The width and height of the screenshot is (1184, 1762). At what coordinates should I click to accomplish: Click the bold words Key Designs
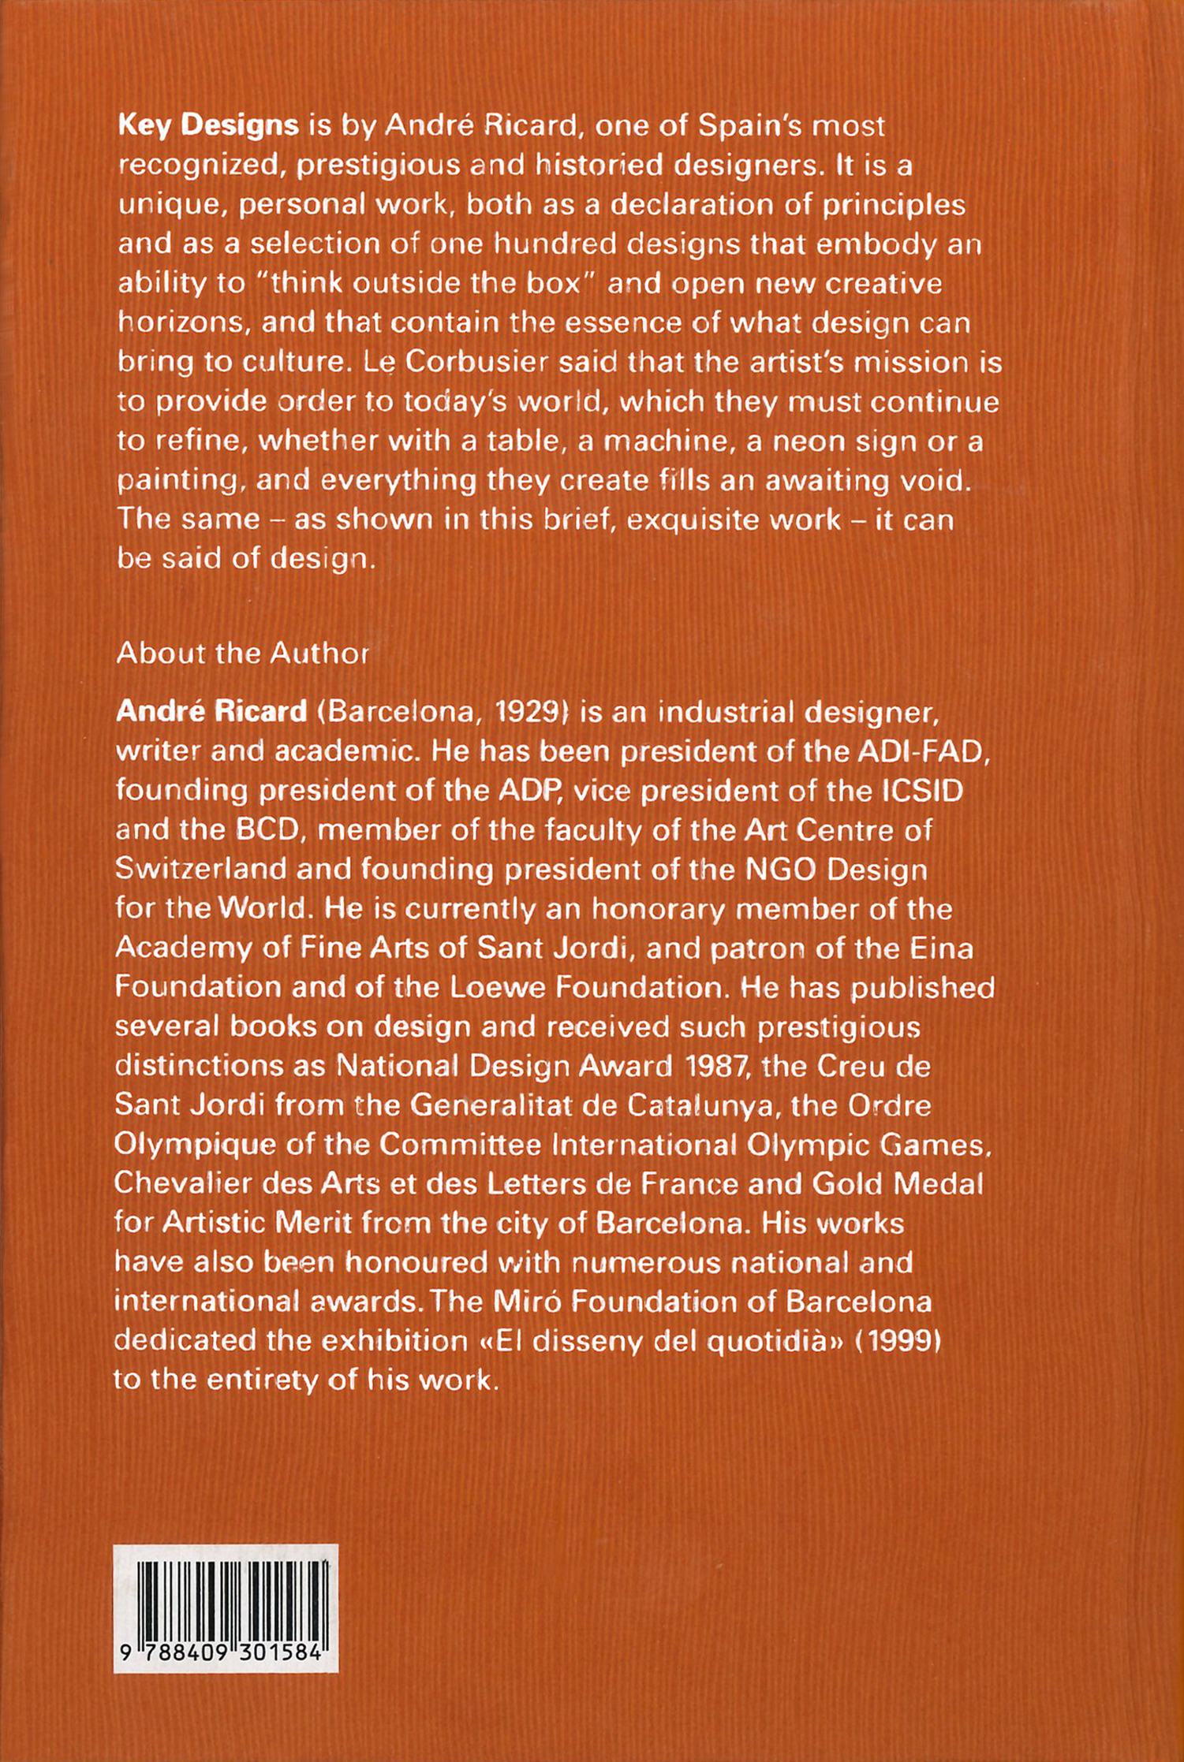pos(208,126)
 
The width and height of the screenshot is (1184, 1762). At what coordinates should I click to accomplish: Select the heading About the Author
pos(242,653)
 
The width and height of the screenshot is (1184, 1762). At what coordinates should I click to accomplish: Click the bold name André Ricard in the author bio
pos(211,711)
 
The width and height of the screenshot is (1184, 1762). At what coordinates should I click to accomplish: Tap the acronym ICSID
pos(921,791)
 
